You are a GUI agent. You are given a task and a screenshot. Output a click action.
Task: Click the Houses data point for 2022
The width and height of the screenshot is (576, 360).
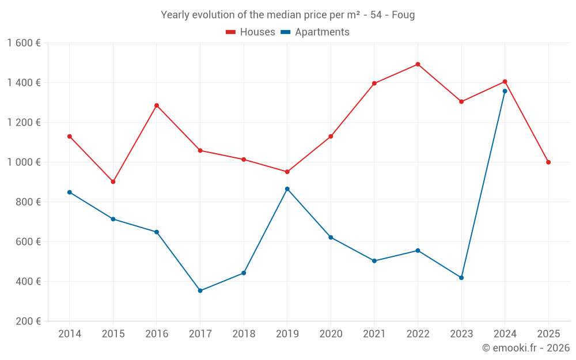[418, 65]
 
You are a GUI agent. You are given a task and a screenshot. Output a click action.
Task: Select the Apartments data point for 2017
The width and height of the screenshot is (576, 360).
[200, 291]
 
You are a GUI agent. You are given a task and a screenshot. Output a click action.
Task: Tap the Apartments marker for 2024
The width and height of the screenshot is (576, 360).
[505, 91]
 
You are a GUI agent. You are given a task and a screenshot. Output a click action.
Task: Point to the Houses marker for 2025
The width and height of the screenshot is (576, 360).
[548, 162]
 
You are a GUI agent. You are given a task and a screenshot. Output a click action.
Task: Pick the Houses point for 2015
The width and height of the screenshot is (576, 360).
[113, 182]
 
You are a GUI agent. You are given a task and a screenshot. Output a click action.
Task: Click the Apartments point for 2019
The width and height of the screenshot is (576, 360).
[287, 189]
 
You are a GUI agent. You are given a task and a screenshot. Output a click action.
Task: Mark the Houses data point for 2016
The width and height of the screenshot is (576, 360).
[157, 105]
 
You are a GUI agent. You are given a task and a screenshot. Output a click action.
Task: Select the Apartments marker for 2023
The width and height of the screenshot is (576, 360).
[461, 278]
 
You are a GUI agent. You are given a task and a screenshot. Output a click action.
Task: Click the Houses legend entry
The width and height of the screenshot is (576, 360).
[251, 32]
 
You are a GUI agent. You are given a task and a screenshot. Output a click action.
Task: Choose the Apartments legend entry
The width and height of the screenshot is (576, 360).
[315, 32]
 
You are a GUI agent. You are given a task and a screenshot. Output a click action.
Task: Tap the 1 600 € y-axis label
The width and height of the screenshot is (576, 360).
[24, 43]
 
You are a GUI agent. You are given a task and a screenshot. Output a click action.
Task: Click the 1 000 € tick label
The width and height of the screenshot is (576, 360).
[24, 162]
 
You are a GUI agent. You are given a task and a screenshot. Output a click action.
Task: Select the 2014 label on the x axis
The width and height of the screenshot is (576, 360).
[70, 334]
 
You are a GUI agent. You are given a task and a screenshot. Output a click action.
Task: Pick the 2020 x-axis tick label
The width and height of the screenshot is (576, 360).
[331, 334]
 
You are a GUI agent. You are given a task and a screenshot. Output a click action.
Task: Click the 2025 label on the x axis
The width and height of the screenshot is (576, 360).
[548, 334]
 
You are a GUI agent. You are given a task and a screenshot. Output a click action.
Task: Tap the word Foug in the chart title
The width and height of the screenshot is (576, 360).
[403, 15]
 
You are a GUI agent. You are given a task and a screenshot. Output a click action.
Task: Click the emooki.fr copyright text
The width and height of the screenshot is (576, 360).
[526, 348]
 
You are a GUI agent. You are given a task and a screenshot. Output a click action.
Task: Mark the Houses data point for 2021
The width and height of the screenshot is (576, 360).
[374, 84]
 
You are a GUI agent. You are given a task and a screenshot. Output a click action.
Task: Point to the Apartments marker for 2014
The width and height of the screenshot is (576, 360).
[70, 192]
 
